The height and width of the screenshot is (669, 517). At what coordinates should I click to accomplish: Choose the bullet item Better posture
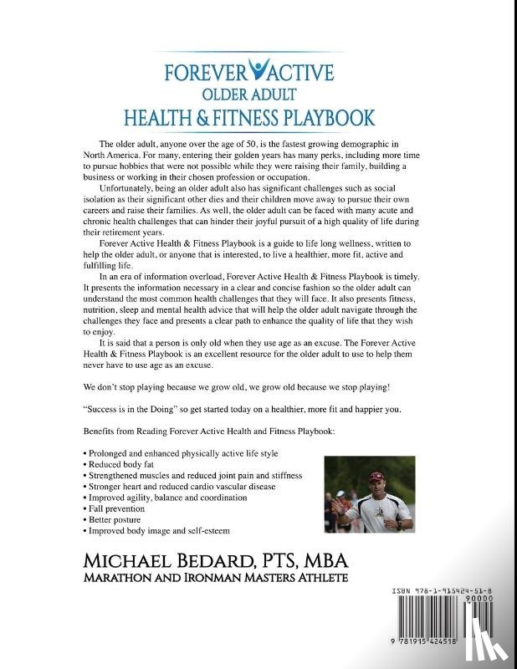[x=112, y=519]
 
